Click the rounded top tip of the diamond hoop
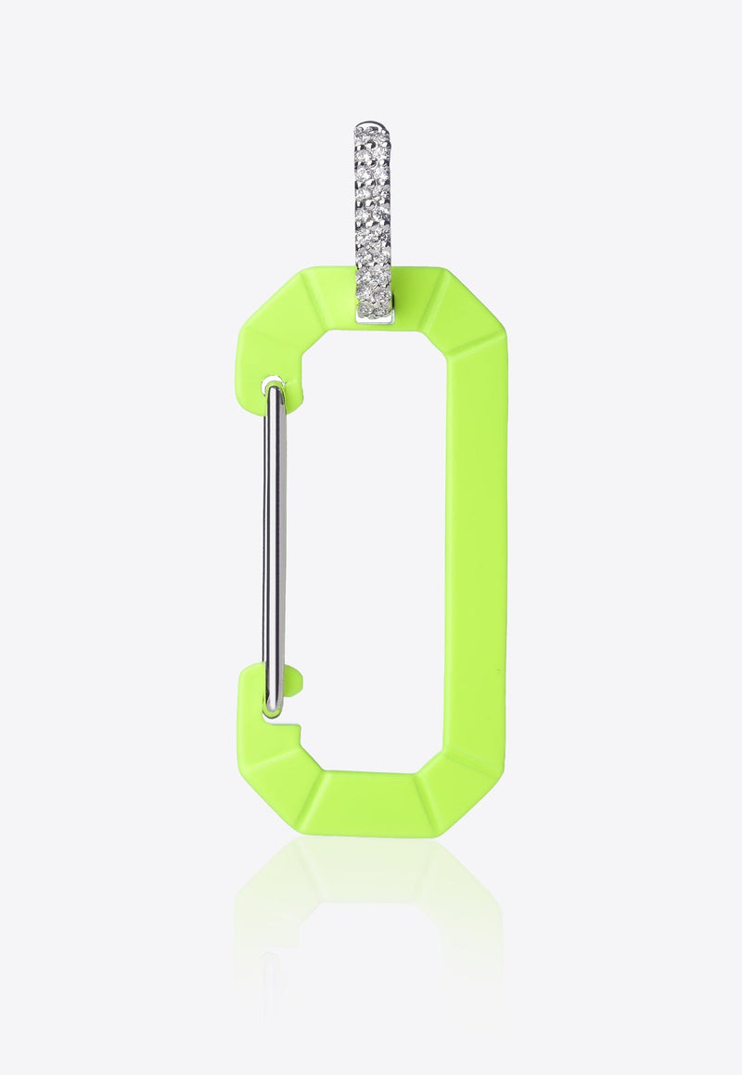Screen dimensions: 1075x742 coord(372,128)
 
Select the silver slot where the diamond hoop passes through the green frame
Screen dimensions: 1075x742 coord(375,317)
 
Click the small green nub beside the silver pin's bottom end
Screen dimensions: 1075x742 coord(293,680)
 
